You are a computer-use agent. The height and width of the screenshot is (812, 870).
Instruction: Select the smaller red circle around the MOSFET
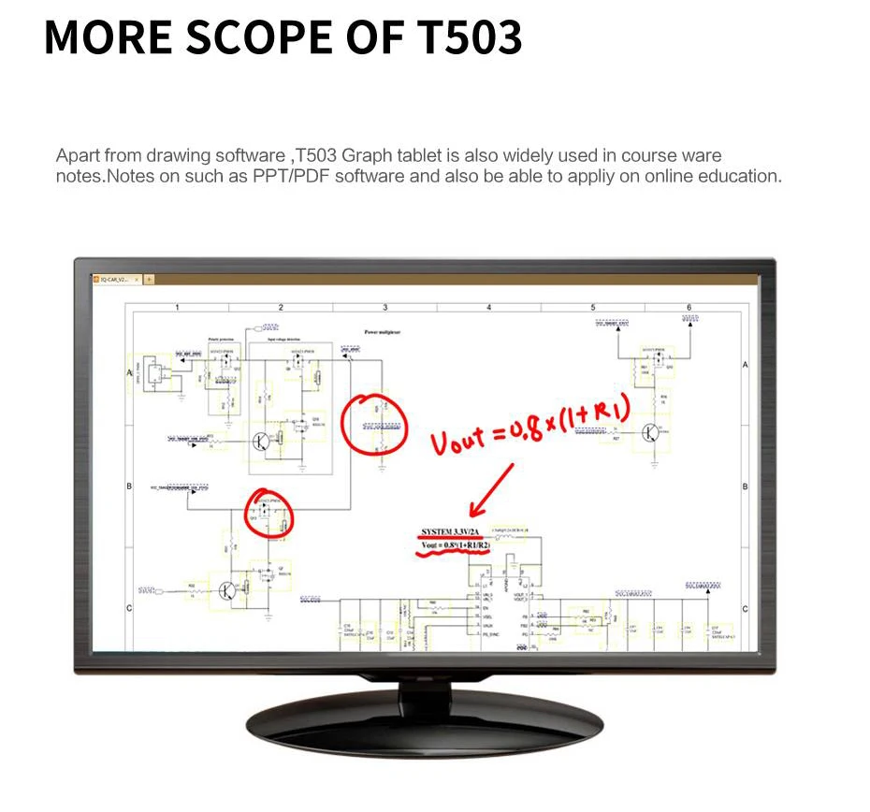click(x=269, y=513)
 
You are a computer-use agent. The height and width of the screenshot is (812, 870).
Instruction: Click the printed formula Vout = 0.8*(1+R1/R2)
click(x=455, y=545)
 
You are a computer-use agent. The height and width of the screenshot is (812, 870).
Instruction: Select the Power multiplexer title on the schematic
click(x=384, y=331)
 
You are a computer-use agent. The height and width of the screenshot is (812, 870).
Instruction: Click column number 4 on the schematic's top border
click(x=488, y=307)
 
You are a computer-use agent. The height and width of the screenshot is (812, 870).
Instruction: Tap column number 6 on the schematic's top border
click(x=689, y=307)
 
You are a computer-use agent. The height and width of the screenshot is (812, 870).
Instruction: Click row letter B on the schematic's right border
click(x=745, y=486)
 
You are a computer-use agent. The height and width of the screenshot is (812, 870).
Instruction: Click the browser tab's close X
click(x=137, y=279)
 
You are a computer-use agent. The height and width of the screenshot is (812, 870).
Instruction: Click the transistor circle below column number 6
click(x=652, y=432)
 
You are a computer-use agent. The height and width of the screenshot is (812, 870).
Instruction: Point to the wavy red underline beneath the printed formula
click(x=454, y=554)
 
